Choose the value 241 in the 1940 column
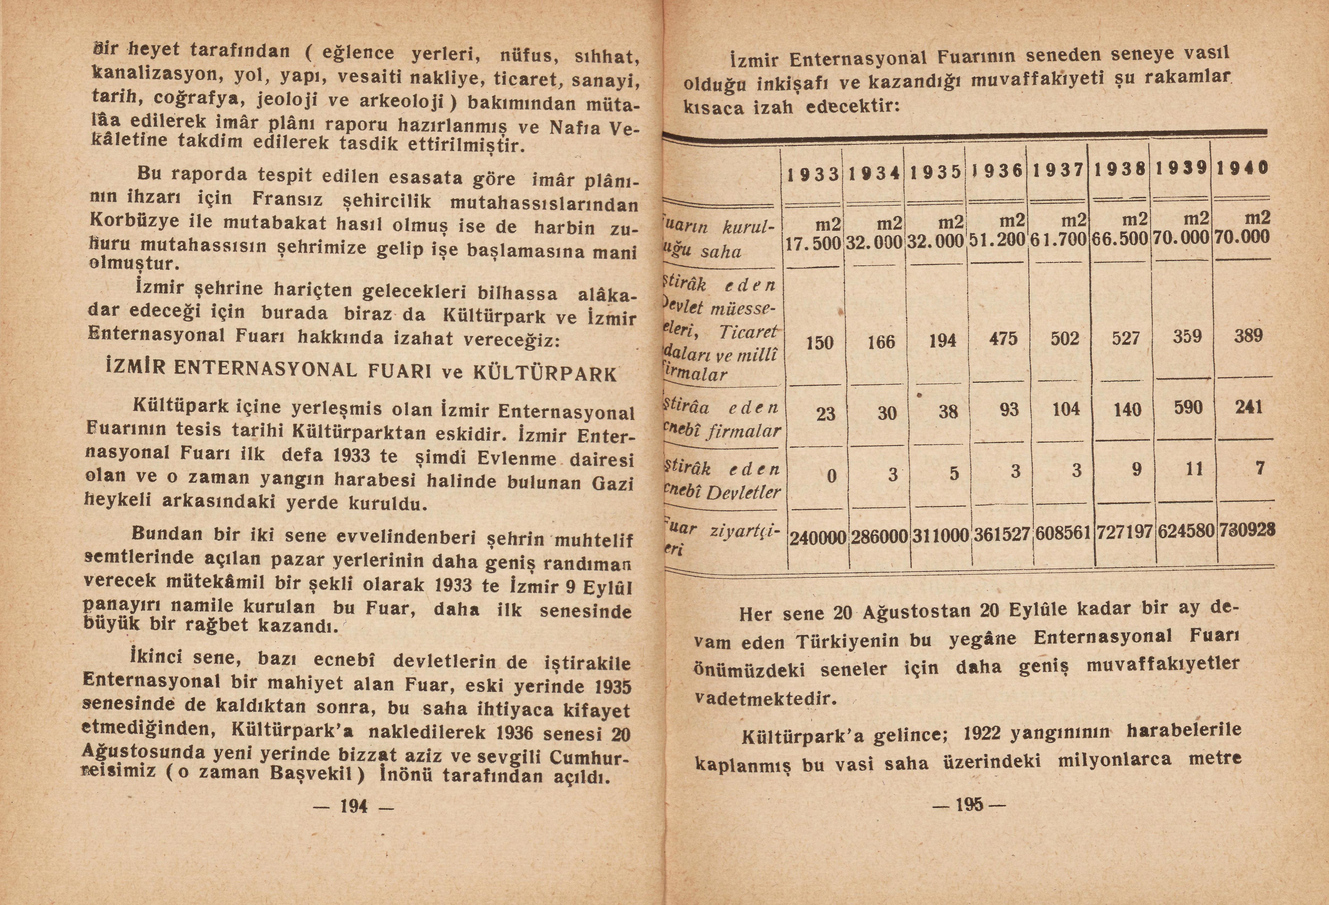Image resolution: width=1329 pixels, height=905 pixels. (1248, 407)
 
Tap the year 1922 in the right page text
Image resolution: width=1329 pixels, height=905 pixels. (982, 733)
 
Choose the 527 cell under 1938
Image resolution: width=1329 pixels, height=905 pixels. (1126, 338)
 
